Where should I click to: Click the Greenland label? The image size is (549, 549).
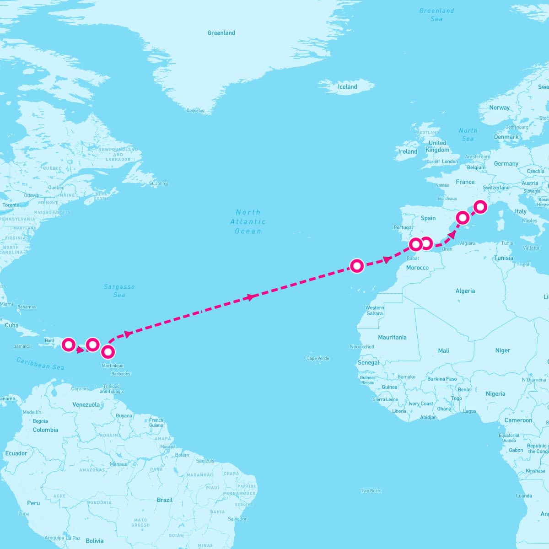[x=221, y=33]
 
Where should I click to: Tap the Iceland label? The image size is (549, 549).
[x=347, y=87]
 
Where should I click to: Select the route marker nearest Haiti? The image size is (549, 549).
[x=69, y=344]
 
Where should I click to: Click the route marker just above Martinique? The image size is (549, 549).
[x=108, y=352]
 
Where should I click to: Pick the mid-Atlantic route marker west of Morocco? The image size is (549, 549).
[x=357, y=265]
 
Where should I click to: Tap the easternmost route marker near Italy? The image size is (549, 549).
[x=480, y=207]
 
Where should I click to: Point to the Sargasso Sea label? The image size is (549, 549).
[x=119, y=291]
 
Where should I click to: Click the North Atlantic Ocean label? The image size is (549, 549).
[x=248, y=221]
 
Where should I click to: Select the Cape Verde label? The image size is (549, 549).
[x=318, y=358]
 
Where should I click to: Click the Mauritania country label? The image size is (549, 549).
[x=392, y=337]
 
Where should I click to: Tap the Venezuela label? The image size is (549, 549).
[x=86, y=404]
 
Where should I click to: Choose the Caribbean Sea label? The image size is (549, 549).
[x=40, y=363]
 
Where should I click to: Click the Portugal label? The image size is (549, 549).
[x=403, y=227]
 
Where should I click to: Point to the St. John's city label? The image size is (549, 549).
[x=158, y=183]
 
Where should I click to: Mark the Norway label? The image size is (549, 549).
[x=499, y=108]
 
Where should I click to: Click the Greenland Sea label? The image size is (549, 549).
[x=436, y=15]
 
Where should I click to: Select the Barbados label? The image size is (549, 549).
[x=121, y=374]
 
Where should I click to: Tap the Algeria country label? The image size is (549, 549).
[x=465, y=291]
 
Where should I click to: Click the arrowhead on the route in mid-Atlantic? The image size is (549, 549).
[x=250, y=297]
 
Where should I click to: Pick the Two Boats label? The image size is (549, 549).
[x=371, y=491]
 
